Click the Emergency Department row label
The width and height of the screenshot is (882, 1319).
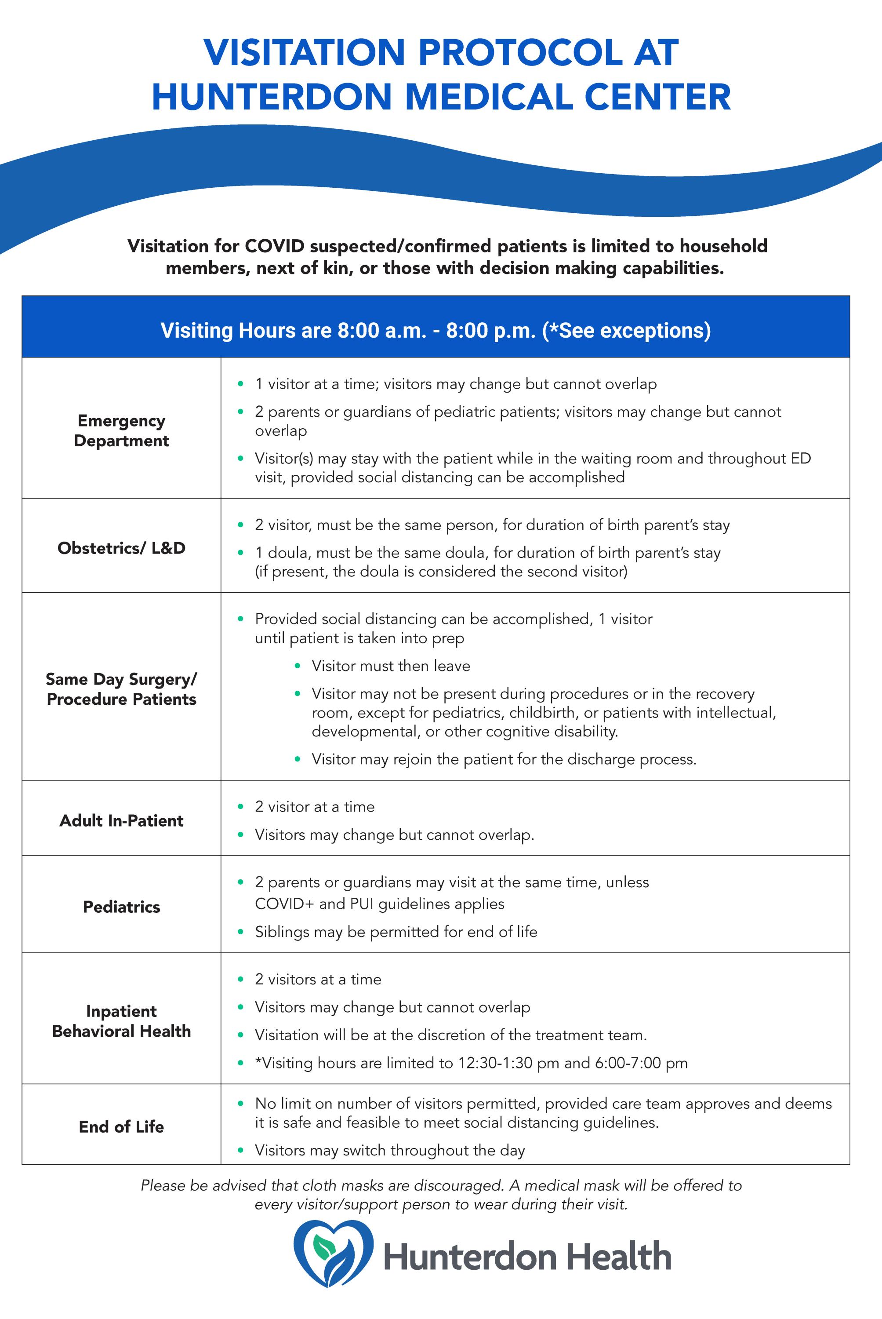121,430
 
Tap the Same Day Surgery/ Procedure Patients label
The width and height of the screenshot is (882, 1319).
121,689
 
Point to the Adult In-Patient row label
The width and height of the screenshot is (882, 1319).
121,820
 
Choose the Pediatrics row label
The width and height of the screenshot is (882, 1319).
121,907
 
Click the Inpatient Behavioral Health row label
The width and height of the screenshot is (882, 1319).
121,1021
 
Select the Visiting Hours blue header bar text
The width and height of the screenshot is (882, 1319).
436,330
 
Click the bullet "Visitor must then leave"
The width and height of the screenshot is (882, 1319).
391,666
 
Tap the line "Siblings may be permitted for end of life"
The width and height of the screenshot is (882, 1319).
396,931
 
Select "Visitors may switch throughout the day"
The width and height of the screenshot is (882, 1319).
390,1150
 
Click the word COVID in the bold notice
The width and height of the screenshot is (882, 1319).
276,246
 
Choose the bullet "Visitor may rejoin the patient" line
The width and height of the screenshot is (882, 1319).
504,759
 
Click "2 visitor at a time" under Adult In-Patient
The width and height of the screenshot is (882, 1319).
315,806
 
